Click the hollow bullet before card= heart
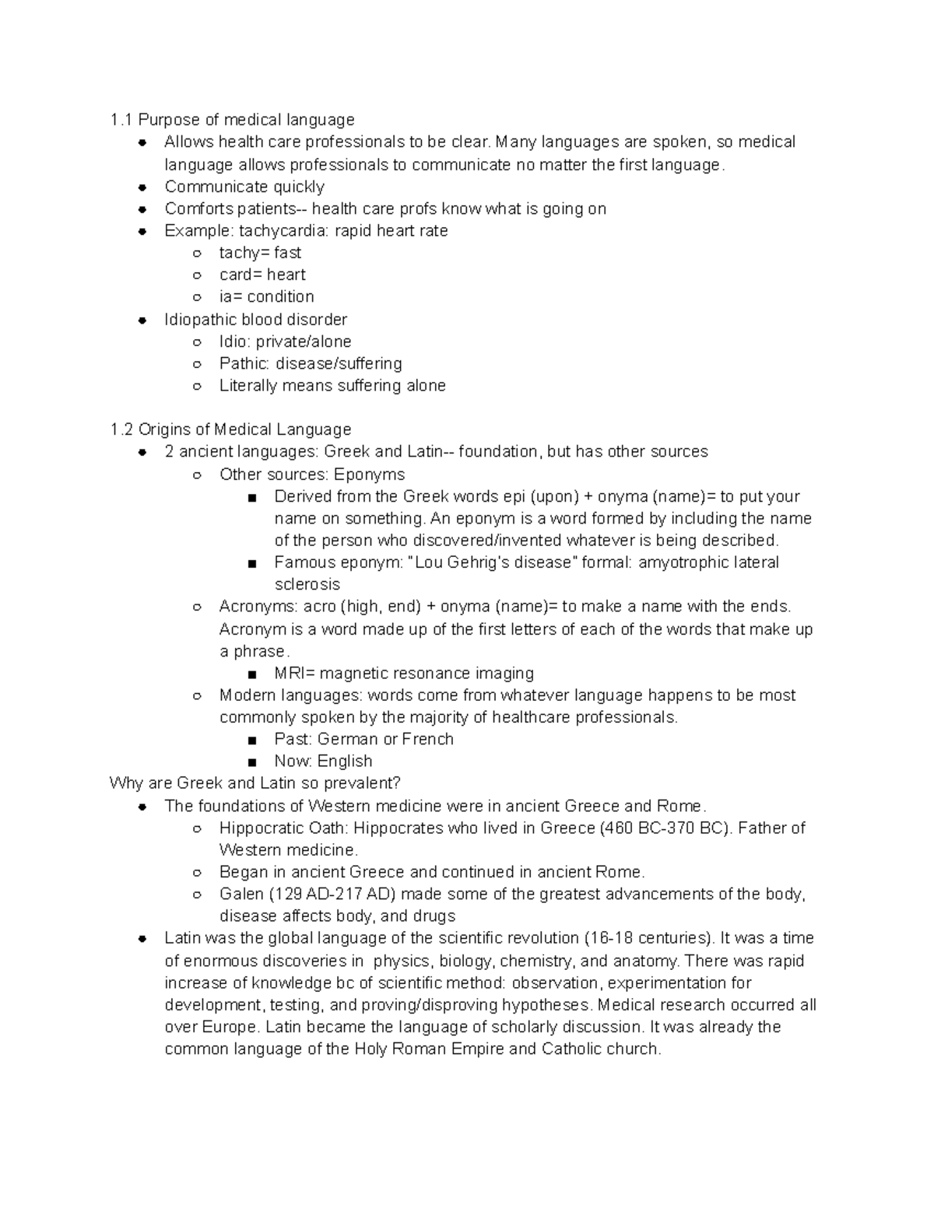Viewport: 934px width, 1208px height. (x=198, y=275)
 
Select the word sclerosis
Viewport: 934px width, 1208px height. (x=307, y=584)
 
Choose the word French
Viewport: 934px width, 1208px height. (x=427, y=739)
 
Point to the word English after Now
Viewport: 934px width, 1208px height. (x=345, y=762)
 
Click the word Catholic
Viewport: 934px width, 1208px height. (x=571, y=1049)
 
